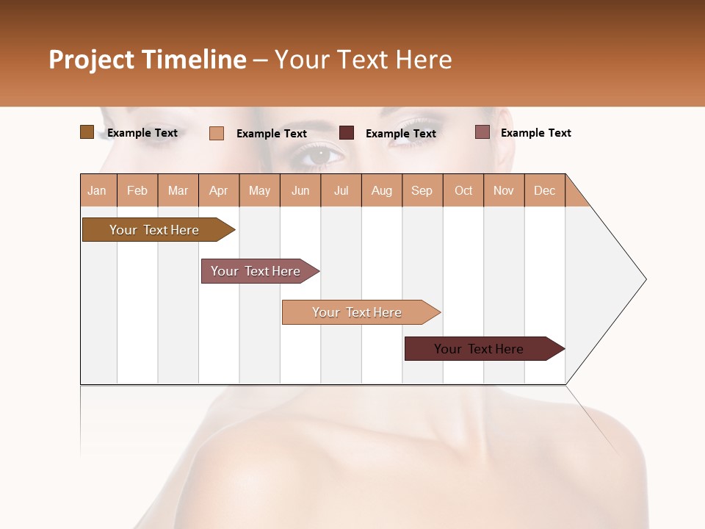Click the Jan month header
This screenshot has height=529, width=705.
98,190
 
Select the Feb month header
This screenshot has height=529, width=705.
137,190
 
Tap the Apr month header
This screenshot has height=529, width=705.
219,190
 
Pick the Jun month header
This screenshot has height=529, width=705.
300,190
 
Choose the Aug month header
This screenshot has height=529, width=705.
382,190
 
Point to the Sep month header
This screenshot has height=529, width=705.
422,190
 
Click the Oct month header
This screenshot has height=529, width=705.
463,190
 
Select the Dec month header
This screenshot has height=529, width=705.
545,190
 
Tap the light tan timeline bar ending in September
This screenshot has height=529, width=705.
358,312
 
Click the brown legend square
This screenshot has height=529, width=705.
87,132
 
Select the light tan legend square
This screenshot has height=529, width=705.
217,133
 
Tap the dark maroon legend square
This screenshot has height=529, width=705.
347,133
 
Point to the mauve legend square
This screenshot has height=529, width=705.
482,132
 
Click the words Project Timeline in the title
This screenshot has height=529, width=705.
147,60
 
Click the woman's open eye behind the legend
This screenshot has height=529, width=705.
321,155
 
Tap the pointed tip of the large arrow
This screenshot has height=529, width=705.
644,279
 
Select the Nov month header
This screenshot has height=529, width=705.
504,190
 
